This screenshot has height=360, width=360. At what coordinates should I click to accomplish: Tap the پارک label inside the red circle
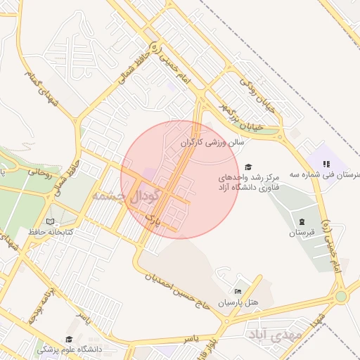[x=153, y=221]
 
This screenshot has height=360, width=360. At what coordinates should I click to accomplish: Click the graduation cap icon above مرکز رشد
[x=247, y=167]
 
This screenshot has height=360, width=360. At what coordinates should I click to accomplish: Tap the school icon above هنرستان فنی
[x=326, y=164]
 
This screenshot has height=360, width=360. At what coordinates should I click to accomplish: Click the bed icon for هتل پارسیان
[x=238, y=291]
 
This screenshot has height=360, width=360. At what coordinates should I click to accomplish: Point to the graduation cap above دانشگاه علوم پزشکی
[x=69, y=339]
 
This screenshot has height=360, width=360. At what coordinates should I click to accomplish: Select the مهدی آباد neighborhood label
[x=276, y=335]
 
